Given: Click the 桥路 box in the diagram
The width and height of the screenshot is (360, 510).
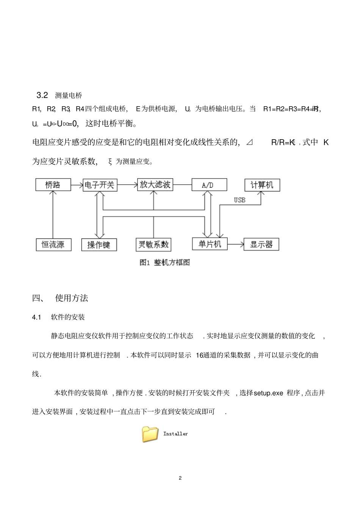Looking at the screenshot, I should pos(53,185).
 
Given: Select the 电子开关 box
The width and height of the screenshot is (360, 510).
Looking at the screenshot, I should pos(100,185).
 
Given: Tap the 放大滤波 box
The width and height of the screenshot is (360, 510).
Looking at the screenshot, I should pos(155,185).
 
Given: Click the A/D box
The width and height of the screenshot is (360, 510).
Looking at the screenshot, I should pos(209,185).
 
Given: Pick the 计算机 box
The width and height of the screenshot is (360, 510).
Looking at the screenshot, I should pos(262,185).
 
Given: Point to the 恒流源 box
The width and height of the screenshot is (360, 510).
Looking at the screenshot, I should pos(53,245).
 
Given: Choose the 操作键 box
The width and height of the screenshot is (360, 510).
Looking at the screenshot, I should pos(99,245).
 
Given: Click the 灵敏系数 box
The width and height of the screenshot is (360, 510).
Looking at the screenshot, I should pos(153,245).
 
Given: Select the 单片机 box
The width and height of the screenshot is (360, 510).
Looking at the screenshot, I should pos(210,244).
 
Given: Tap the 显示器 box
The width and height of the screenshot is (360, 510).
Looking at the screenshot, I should pos(261,245).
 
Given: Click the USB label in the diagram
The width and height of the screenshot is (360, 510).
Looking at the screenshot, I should pos(239,200).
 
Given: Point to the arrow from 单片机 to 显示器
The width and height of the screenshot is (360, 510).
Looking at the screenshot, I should pos(235,245).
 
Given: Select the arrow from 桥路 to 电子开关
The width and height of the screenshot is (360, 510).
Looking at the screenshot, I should pos(77,185).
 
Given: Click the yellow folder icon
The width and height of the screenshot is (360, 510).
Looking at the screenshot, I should pos(150,434).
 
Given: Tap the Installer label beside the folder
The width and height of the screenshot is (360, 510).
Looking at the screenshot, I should pos(175,434).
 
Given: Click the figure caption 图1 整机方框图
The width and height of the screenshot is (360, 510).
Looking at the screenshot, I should pos(165,262).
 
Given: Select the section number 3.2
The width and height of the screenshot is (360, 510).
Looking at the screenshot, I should pos(42,95).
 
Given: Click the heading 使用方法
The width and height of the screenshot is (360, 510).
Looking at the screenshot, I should pos(72,298).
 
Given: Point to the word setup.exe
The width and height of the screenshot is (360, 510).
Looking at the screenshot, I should pos(268,393).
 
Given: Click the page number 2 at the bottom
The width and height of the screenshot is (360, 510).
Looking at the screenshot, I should pos(180,478).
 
